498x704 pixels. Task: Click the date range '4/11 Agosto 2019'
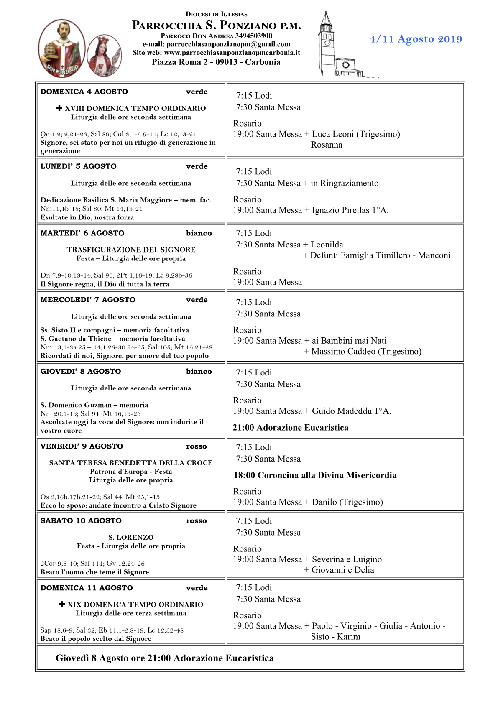tap(416, 39)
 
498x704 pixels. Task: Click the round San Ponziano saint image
tap(62, 48)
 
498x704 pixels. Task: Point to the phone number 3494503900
tap(253, 36)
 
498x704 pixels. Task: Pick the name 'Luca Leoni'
tap(333, 134)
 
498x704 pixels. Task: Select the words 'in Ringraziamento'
tap(345, 183)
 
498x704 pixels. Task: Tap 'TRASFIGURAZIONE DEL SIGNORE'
tap(131, 250)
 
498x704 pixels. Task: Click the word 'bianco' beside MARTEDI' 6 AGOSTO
tap(199, 233)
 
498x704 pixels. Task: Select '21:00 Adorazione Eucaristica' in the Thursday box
tap(291, 428)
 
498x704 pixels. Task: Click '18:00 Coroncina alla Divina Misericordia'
tap(315, 475)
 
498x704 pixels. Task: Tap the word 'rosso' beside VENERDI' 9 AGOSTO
tap(197, 446)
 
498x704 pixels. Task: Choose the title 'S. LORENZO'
tap(131, 537)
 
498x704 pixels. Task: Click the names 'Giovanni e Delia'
tap(342, 570)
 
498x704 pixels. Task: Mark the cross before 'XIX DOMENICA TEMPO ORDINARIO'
tap(62, 604)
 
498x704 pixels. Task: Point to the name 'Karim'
tap(349, 637)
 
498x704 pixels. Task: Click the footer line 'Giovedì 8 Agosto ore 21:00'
tap(165, 658)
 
